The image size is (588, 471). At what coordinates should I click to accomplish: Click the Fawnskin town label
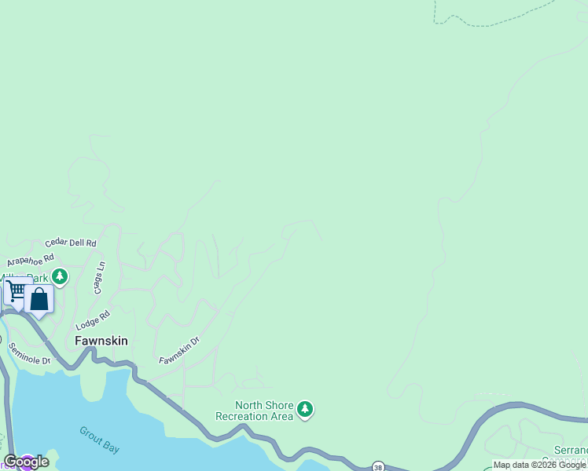pyautogui.click(x=101, y=341)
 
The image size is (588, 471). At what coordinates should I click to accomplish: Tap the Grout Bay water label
pyautogui.click(x=100, y=440)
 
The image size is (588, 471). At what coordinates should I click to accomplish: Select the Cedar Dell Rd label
pyautogui.click(x=70, y=243)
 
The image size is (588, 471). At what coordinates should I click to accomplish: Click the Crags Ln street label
pyautogui.click(x=100, y=278)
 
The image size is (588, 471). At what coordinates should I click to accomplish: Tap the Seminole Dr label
pyautogui.click(x=29, y=353)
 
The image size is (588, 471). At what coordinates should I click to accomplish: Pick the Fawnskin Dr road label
pyautogui.click(x=179, y=350)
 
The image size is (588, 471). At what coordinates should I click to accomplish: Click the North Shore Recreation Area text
pyautogui.click(x=254, y=411)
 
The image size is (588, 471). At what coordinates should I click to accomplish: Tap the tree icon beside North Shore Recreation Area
pyautogui.click(x=305, y=409)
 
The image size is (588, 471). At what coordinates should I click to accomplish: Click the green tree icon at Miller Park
pyautogui.click(x=60, y=276)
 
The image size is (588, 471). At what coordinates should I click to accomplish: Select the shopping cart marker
pyautogui.click(x=16, y=290)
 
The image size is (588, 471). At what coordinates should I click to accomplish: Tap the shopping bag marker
pyautogui.click(x=39, y=299)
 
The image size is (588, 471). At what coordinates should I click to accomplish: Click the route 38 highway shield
pyautogui.click(x=379, y=466)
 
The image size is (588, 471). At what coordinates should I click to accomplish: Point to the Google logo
pyautogui.click(x=26, y=462)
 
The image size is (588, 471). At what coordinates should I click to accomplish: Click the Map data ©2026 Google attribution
pyautogui.click(x=539, y=465)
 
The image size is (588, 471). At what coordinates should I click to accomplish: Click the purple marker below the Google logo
pyautogui.click(x=27, y=468)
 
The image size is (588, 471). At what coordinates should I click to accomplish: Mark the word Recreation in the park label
pyautogui.click(x=254, y=416)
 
